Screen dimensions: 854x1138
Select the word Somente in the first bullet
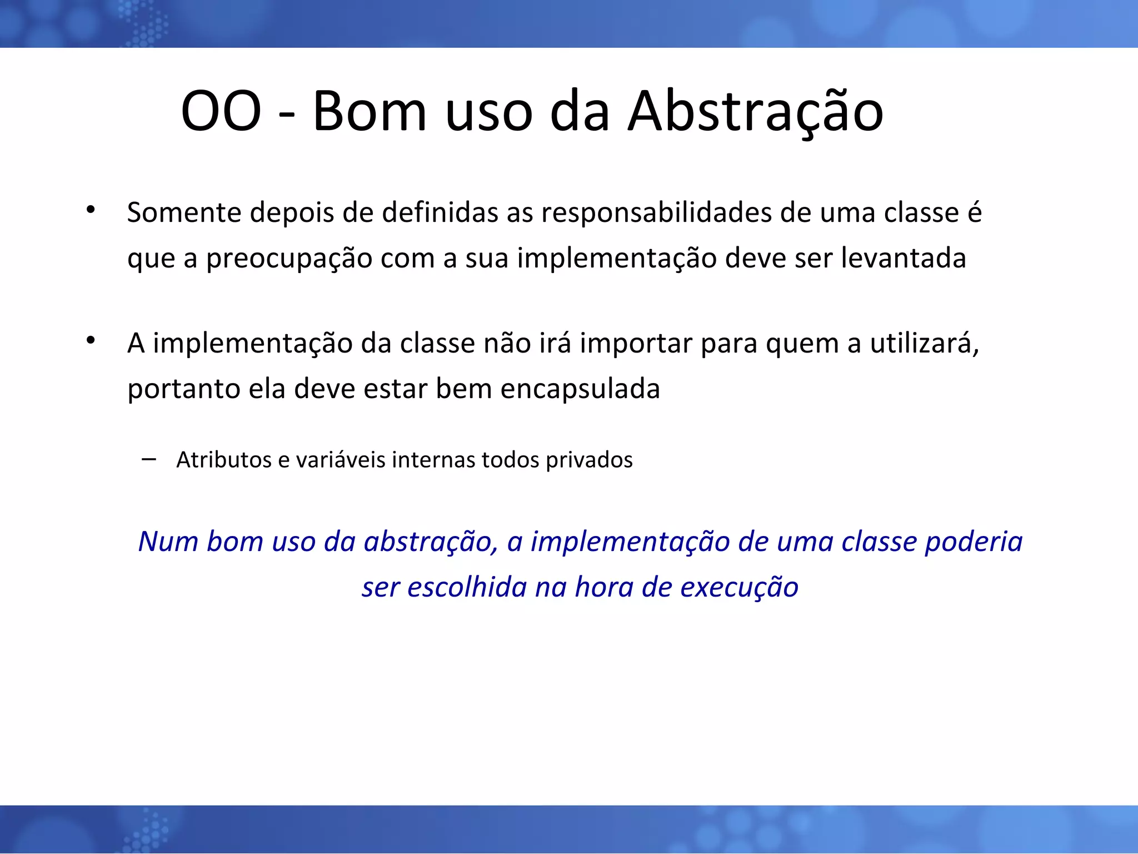(184, 213)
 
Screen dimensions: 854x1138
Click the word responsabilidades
(656, 213)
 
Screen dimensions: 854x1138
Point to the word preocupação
(289, 259)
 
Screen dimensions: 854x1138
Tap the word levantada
(903, 258)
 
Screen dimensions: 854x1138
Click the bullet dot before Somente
(91, 210)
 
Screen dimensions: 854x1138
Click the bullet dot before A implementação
(91, 340)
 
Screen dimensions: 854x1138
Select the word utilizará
(924, 343)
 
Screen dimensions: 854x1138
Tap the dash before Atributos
(148, 459)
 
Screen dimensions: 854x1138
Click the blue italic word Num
(168, 542)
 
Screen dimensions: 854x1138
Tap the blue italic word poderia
(973, 543)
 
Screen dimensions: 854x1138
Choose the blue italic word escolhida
(467, 588)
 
